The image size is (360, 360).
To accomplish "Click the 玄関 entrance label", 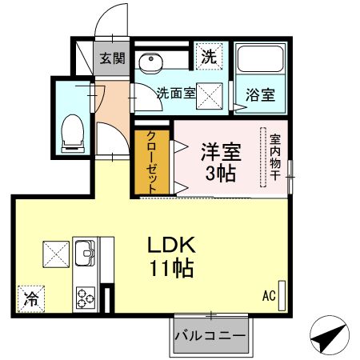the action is (112, 58).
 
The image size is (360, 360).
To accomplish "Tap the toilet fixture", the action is (73, 134).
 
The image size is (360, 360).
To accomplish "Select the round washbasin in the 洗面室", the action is (150, 63).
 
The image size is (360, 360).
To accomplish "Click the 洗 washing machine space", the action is (209, 56).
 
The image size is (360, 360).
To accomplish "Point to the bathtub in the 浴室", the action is (260, 58).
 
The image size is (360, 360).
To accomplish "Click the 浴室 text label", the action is (260, 94).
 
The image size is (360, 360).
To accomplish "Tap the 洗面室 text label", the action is (176, 93).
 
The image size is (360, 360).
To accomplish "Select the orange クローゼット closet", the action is (152, 162).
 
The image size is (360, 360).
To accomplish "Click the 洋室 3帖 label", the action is (221, 162).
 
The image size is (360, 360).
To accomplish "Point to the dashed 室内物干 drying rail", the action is (263, 158).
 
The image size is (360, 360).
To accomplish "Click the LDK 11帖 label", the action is (172, 257).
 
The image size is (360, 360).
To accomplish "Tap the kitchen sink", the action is (85, 253).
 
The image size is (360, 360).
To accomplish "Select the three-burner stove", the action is (86, 298).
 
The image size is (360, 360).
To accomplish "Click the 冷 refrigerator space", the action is (31, 299).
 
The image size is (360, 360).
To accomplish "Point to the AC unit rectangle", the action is (282, 295).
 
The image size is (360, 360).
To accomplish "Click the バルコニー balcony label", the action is (210, 336).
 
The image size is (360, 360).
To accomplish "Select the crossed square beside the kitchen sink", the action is (56, 254).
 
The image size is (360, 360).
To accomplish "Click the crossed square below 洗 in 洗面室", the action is (210, 96).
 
